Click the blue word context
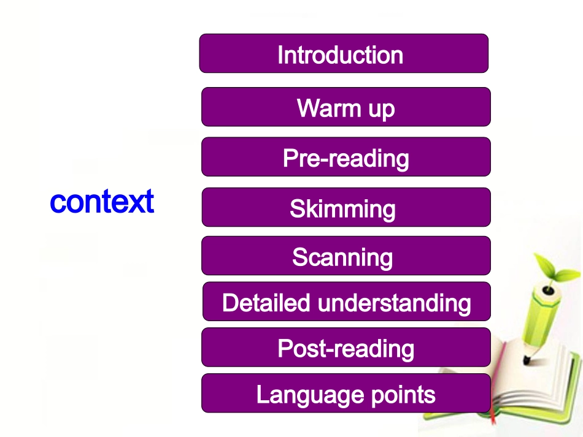[x=102, y=202]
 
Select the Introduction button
[x=344, y=54]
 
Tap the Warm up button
[x=346, y=107]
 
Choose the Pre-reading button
[x=346, y=158]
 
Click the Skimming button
[x=346, y=208]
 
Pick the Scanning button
[x=346, y=256]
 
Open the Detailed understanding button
[x=346, y=302]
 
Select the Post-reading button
[x=346, y=348]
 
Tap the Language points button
[x=346, y=393]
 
